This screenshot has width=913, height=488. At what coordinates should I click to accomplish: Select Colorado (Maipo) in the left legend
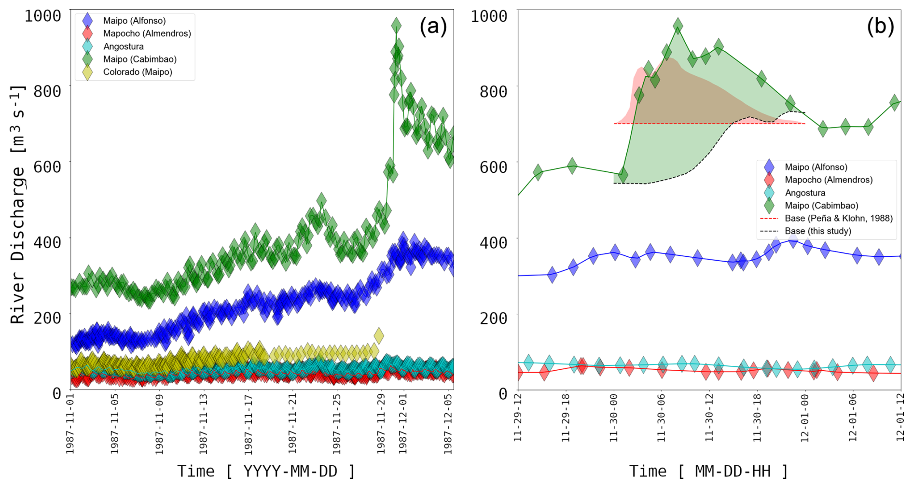(137, 72)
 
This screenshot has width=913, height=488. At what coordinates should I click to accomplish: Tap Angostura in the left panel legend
(123, 46)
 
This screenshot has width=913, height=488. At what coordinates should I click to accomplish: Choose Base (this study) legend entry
(817, 231)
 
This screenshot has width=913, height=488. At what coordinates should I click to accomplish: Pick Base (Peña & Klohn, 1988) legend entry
(838, 218)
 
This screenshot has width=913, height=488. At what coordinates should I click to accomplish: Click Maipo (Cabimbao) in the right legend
(821, 205)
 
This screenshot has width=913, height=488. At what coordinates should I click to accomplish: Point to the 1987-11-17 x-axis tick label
(248, 425)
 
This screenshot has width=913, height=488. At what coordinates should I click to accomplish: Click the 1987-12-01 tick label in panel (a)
(403, 425)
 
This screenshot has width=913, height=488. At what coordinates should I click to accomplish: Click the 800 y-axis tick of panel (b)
(493, 91)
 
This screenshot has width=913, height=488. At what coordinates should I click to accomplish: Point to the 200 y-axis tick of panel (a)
(47, 318)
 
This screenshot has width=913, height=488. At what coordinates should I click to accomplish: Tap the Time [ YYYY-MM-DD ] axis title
(266, 471)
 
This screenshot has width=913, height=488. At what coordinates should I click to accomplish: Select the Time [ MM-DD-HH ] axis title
(708, 471)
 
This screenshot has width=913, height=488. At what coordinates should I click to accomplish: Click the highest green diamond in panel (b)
(678, 26)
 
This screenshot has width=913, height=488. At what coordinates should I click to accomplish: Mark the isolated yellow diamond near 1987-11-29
(379, 335)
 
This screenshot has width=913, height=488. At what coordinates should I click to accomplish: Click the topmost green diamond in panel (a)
(396, 25)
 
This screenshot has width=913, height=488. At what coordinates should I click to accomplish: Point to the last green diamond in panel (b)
(895, 102)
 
